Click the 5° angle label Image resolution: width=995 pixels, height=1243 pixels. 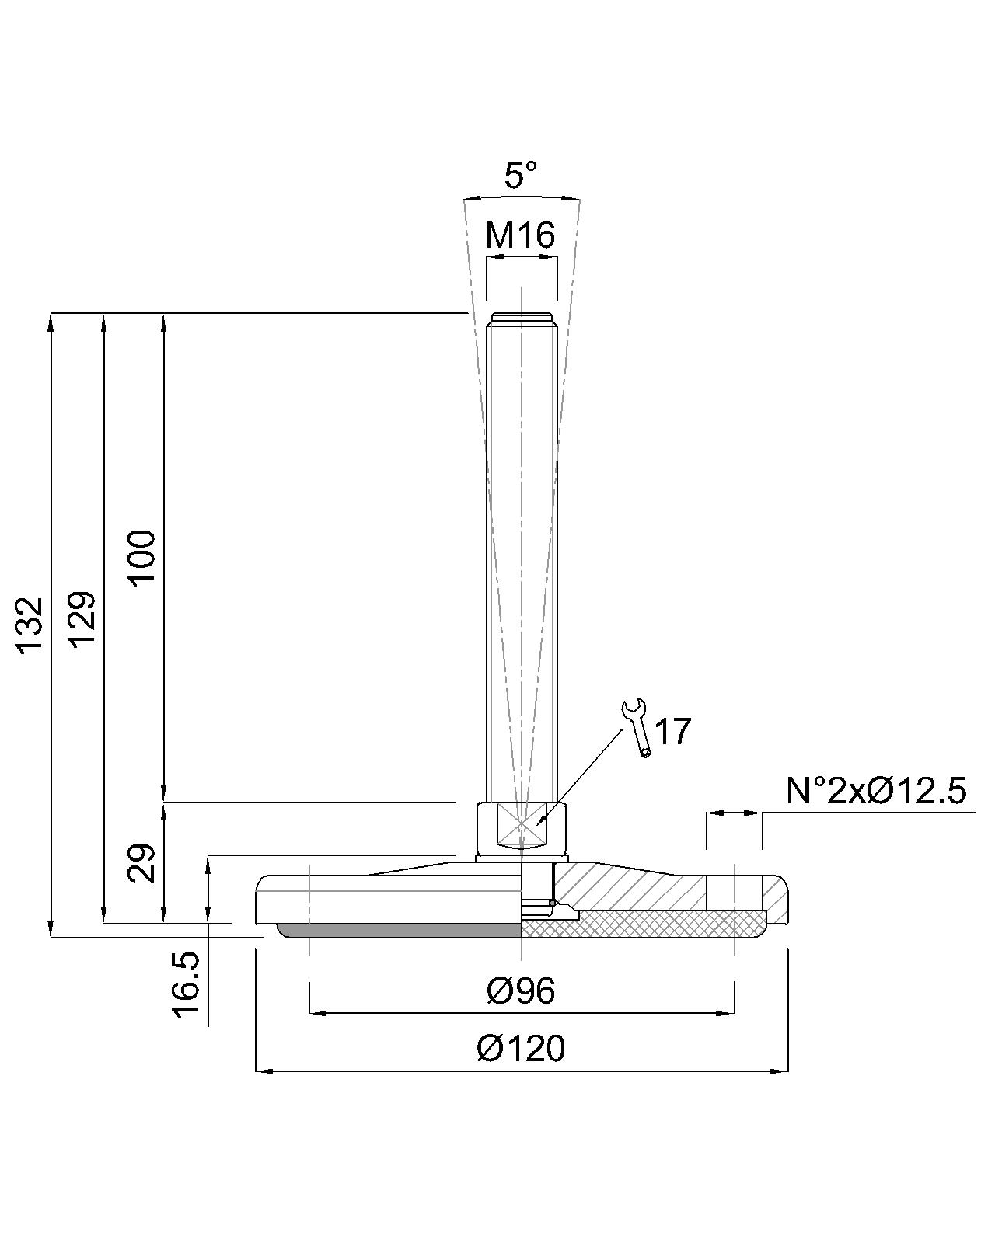point(520,175)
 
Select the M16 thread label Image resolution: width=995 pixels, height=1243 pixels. point(520,235)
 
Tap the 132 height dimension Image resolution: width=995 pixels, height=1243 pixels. point(30,625)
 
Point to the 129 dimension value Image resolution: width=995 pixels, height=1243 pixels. point(81,619)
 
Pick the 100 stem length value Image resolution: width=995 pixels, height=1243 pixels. point(141,558)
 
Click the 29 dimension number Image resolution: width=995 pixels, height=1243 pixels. point(141,863)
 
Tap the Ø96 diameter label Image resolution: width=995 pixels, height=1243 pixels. point(521,991)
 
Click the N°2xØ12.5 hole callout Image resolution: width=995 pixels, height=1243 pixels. point(876,790)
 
